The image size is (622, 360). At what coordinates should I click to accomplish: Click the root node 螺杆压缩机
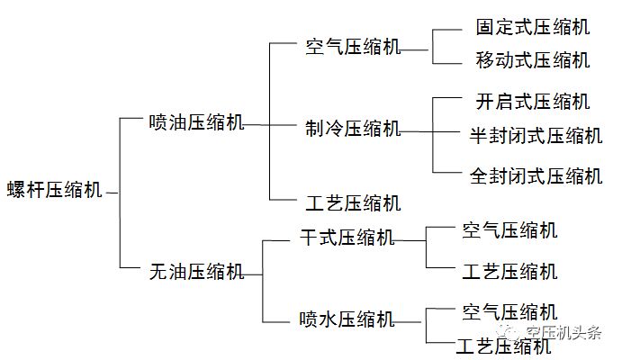(x=54, y=191)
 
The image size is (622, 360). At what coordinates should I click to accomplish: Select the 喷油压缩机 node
(x=195, y=123)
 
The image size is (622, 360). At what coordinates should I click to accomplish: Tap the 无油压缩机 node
(x=195, y=270)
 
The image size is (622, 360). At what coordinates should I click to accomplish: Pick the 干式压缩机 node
(x=347, y=238)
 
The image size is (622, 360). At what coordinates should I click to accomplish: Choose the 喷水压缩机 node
(x=347, y=319)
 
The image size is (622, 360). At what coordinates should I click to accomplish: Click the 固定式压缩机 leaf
(x=533, y=27)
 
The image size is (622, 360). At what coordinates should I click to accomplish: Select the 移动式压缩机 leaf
(x=533, y=61)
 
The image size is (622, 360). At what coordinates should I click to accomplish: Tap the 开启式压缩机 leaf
(x=533, y=100)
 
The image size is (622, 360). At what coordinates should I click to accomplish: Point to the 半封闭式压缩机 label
(x=536, y=136)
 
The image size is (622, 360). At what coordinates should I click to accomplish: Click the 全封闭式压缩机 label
(x=536, y=175)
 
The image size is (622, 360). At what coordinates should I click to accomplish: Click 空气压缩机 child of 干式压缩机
(x=509, y=230)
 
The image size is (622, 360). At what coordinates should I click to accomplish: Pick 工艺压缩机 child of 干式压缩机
(x=509, y=271)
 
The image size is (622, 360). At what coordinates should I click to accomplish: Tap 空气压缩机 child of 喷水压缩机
(x=509, y=311)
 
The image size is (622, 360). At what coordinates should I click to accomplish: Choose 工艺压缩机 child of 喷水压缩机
(x=504, y=346)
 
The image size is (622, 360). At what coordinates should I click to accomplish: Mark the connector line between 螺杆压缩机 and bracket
(x=112, y=192)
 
